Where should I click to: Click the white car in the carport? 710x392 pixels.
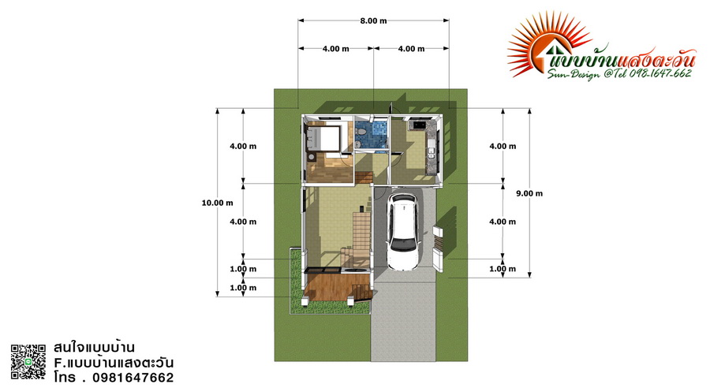point(404,232)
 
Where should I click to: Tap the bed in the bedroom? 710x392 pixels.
point(323,137)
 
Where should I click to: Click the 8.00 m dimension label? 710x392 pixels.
point(374,21)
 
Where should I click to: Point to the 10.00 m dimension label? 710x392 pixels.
point(218,203)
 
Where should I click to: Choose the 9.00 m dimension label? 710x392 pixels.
point(529,193)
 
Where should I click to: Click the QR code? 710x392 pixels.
point(28,362)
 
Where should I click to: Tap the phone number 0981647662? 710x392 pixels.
point(133,378)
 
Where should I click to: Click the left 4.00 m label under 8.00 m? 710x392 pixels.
point(335,49)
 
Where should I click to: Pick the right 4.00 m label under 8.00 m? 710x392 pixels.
point(411,49)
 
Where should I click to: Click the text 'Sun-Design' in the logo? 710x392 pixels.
point(573,74)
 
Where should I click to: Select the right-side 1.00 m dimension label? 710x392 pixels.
point(503,269)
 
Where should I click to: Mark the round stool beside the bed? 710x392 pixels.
point(312,157)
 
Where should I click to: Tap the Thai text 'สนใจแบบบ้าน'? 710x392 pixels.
point(94,348)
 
